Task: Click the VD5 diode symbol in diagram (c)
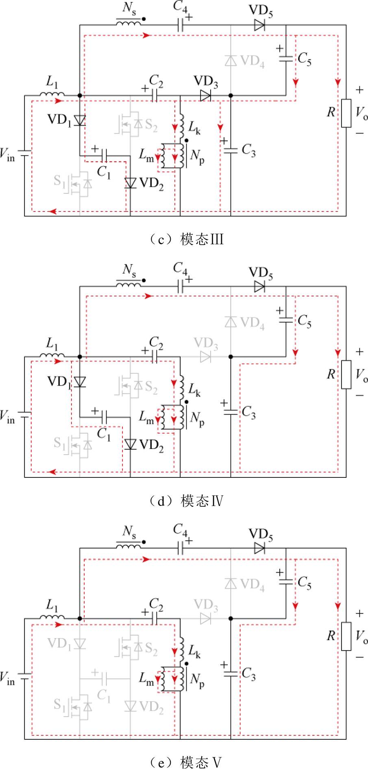pos(259,25)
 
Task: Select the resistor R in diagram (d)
pos(346,375)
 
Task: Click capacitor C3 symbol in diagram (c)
pos(230,150)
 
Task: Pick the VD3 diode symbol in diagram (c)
pos(205,96)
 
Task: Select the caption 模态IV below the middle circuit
pos(202,501)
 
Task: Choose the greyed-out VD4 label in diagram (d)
pos(252,323)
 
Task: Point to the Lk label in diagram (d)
pos(194,390)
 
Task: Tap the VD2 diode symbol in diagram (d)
pos(130,444)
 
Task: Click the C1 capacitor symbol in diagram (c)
pos(104,155)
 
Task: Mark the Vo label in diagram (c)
pos(361,112)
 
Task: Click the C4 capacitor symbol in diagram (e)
pos(180,549)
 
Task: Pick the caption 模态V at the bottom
pos(202,762)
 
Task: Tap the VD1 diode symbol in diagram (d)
pos(80,381)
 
